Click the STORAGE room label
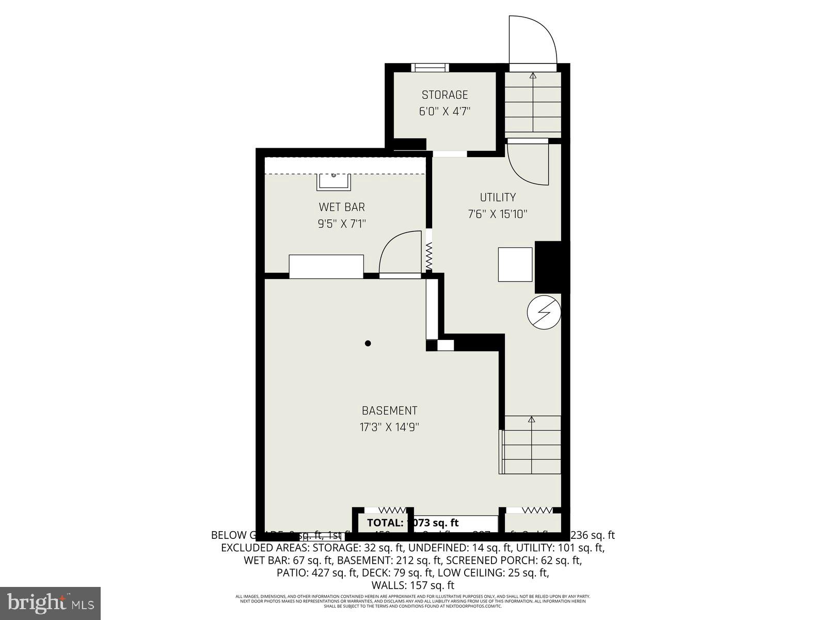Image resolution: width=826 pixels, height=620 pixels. click(444, 95)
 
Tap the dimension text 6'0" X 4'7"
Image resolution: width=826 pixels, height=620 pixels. click(444, 112)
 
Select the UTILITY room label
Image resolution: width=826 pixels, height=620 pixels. click(498, 197)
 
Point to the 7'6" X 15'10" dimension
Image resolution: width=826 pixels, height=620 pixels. click(498, 214)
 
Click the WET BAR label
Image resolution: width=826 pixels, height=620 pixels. click(342, 207)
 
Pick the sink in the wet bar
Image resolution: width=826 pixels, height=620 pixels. click(333, 181)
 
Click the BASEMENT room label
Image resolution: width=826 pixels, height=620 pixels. click(389, 411)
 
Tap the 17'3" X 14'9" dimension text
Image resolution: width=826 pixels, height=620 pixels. click(389, 427)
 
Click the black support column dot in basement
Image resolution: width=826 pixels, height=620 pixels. click(368, 343)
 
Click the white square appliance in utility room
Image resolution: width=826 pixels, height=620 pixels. click(515, 265)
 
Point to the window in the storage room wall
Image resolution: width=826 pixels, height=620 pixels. click(430, 67)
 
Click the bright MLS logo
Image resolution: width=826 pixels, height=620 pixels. click(50, 602)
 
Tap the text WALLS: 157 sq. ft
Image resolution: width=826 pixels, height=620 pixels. click(412, 585)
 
